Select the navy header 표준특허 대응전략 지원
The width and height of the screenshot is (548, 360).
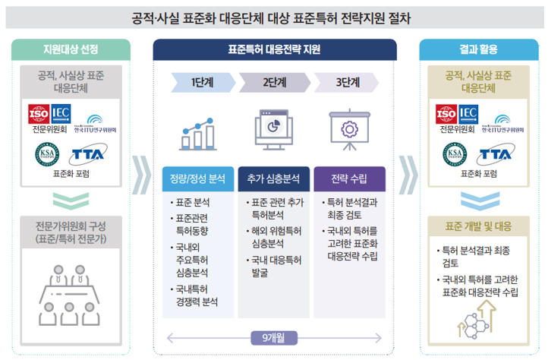(274, 50)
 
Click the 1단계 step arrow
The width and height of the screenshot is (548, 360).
(200, 82)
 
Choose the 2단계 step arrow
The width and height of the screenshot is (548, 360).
(273, 82)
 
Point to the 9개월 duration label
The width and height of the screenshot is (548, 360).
(273, 336)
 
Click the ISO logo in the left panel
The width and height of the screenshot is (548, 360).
(38, 115)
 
